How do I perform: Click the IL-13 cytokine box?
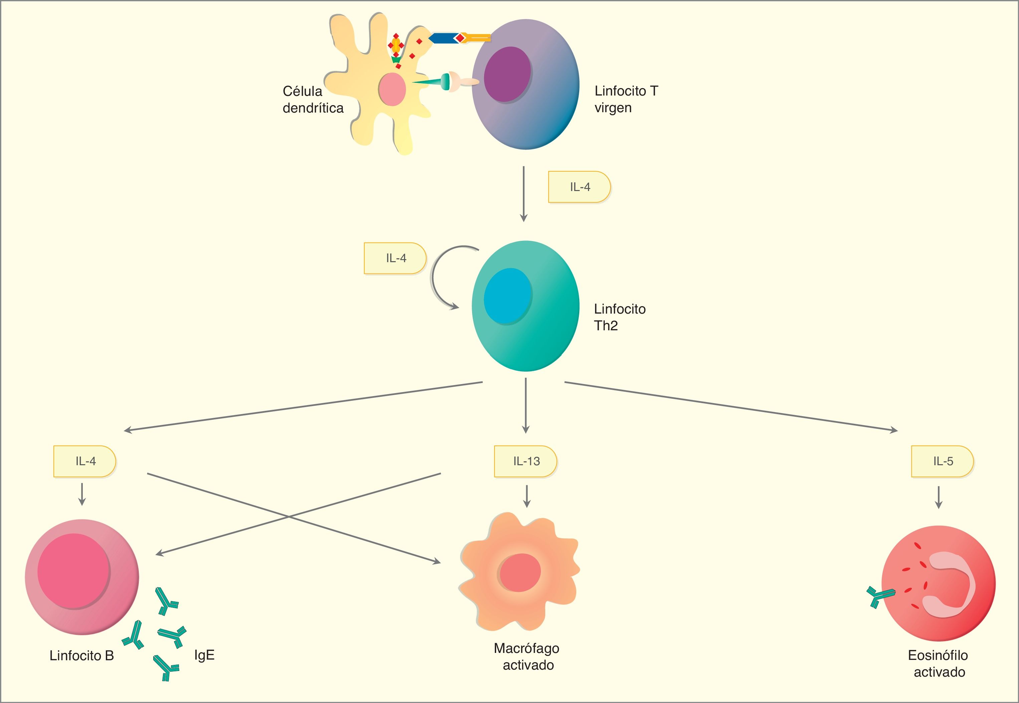tap(525, 461)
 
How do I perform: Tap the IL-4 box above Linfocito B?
tap(84, 461)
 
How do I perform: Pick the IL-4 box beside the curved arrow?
tap(395, 258)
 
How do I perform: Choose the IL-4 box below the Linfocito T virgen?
tap(579, 187)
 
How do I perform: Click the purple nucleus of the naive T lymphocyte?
tap(507, 75)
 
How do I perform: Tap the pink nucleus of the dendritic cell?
tap(392, 89)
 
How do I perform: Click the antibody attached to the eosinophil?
tap(880, 596)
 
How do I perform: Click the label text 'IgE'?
tap(204, 655)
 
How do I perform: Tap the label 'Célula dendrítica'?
tap(312, 100)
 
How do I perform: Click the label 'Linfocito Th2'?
tap(619, 317)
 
